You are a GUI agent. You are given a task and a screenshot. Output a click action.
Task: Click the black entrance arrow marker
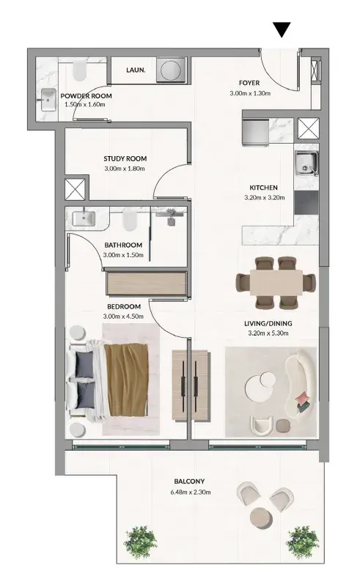pyautogui.click(x=282, y=29)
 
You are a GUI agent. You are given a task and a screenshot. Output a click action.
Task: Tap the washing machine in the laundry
pyautogui.click(x=172, y=70)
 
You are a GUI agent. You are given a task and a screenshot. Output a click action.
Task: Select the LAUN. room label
pyautogui.click(x=136, y=70)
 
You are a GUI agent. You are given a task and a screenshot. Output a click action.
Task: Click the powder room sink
pyautogui.click(x=48, y=100)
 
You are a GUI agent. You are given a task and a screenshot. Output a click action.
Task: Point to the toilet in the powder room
pyautogui.click(x=80, y=70)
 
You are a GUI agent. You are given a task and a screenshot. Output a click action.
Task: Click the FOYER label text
pyautogui.click(x=249, y=83)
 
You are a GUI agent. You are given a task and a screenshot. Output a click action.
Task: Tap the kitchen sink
pyautogui.click(x=306, y=163)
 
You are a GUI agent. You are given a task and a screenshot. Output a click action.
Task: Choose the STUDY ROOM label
pyautogui.click(x=125, y=158)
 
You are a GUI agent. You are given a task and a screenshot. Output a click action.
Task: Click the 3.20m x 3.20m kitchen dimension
pyautogui.click(x=264, y=198)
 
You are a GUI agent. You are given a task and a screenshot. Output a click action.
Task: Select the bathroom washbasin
pyautogui.click(x=84, y=218)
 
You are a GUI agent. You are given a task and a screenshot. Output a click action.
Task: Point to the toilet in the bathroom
pyautogui.click(x=129, y=220)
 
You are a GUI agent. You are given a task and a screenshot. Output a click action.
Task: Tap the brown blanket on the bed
pyautogui.click(x=126, y=380)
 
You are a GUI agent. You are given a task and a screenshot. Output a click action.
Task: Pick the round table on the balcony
pyautogui.click(x=261, y=518)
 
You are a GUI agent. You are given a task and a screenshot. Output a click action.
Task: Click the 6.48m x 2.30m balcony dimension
pyautogui.click(x=191, y=492)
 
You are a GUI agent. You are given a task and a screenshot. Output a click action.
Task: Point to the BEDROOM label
pyautogui.click(x=124, y=306)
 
